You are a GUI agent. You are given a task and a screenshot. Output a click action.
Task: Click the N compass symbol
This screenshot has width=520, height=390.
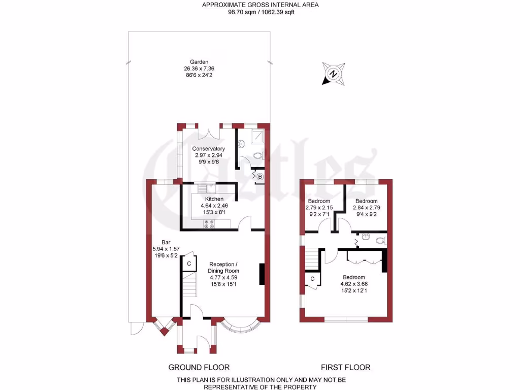point(333,74)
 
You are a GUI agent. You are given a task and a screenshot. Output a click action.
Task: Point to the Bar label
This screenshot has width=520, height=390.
point(166,242)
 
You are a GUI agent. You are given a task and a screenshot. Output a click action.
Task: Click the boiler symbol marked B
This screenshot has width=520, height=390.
point(259,177)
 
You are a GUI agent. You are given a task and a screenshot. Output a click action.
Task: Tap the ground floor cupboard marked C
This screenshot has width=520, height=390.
point(189,264)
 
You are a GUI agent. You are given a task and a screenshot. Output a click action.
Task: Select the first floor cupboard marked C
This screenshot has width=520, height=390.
point(312,279)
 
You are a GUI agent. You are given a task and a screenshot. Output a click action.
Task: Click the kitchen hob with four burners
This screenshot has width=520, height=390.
point(209,223)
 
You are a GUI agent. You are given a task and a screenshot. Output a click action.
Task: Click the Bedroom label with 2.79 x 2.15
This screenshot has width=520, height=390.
point(319,201)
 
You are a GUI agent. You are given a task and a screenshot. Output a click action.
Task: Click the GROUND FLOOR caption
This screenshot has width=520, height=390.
point(199,367)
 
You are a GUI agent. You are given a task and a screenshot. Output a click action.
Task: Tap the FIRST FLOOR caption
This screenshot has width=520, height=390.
point(345,367)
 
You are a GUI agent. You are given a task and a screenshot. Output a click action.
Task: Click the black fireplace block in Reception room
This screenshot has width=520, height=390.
point(262,274)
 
